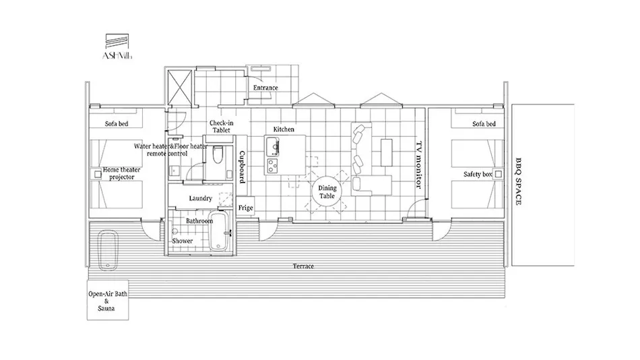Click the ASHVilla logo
coord(117,47)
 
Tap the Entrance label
coord(265,88)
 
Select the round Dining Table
coord(327,191)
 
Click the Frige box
coord(245,208)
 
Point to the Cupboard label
coord(242,167)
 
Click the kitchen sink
coord(272,147)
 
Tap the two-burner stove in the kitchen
coord(272,165)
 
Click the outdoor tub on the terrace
coord(108,250)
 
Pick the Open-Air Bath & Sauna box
coord(108,300)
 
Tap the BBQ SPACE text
coord(518,181)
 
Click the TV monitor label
coord(418,164)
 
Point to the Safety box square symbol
coord(498,174)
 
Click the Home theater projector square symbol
coord(98,175)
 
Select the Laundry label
coord(200,199)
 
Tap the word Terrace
coord(303,266)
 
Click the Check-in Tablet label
coord(221,127)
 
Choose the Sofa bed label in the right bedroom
coord(484,124)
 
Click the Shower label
coord(182,241)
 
